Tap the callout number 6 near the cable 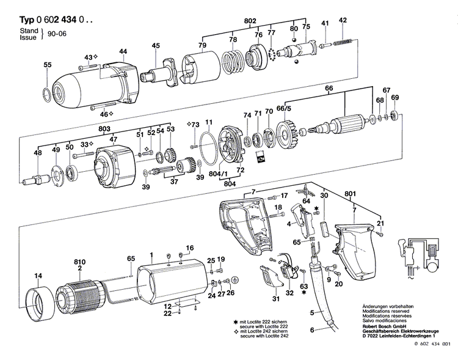(x=311, y=330)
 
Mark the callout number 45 (x=156, y=46)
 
